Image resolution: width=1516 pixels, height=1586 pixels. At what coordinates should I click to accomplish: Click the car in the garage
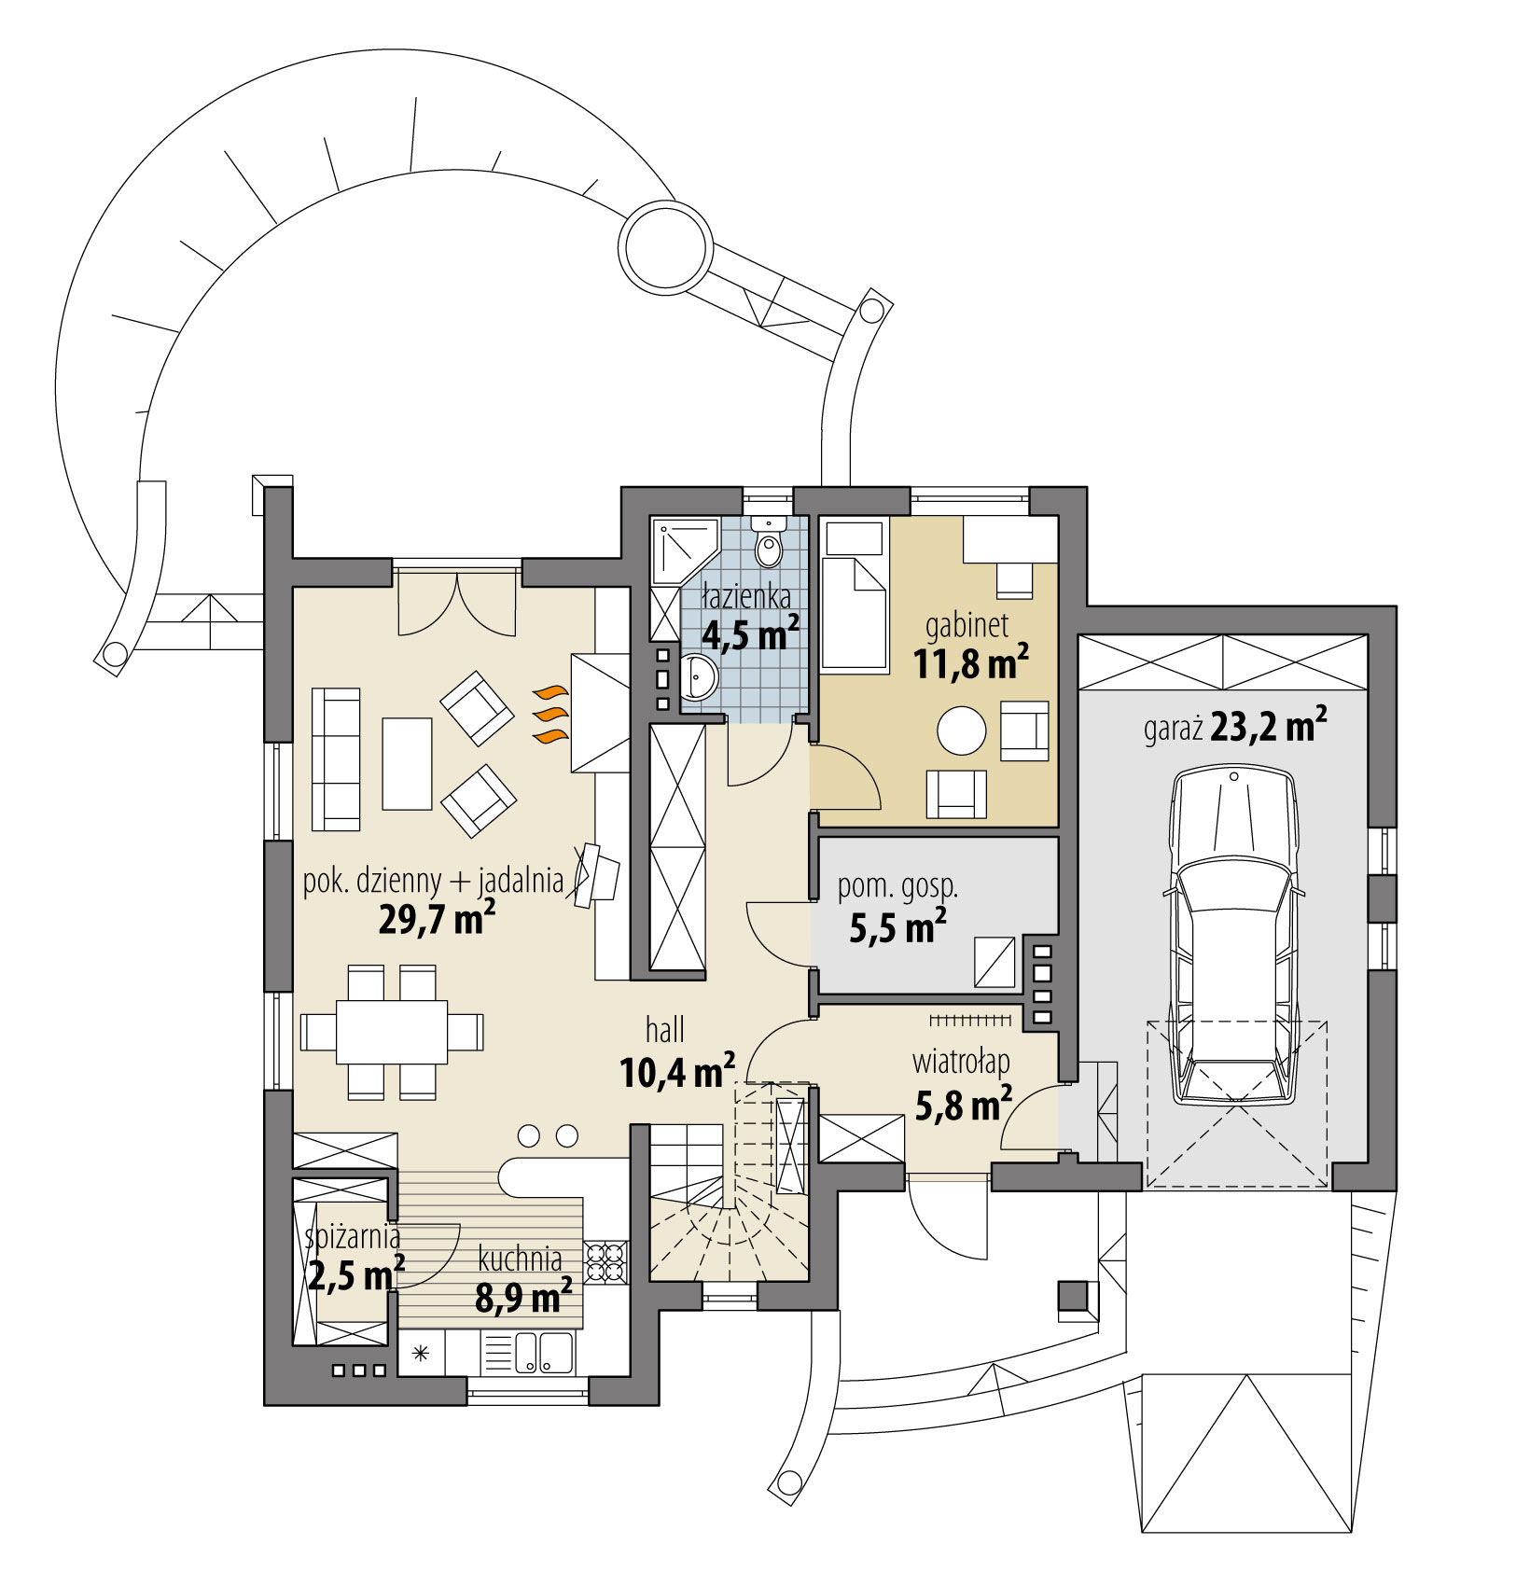1233,938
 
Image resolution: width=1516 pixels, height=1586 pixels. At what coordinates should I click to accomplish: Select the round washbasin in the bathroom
699,675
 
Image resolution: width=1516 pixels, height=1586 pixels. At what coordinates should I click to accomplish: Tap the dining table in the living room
392,1031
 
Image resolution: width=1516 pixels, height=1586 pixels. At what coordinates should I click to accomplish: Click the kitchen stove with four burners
605,1263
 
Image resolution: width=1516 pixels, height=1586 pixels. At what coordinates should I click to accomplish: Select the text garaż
1173,729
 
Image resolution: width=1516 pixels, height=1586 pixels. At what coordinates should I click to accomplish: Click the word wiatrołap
961,1062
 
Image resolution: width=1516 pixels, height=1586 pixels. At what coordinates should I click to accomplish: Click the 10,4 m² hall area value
677,1073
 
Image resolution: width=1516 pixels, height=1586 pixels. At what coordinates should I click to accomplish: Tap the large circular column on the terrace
666,247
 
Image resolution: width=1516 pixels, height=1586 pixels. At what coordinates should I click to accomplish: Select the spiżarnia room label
353,1237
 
